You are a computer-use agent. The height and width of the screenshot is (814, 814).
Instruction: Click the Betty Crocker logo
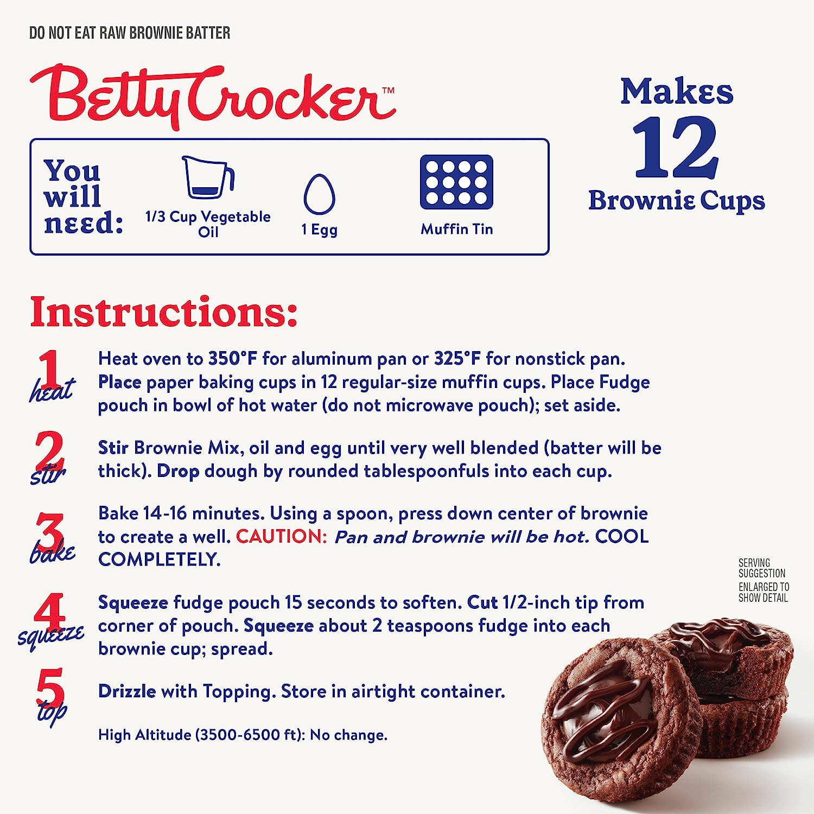(213, 97)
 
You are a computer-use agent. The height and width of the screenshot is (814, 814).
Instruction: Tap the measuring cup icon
(208, 177)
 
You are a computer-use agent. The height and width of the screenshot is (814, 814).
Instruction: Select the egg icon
(319, 194)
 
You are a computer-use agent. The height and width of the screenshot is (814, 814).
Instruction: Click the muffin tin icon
(456, 182)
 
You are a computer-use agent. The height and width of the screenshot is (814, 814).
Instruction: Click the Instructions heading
(164, 312)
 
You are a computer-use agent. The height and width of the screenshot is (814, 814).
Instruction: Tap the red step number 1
(50, 368)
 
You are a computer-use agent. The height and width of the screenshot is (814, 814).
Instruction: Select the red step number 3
(49, 532)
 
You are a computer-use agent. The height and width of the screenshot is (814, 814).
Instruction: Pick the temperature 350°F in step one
(232, 358)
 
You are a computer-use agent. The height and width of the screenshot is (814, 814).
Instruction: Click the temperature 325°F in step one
(457, 358)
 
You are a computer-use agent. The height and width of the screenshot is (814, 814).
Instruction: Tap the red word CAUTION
(282, 536)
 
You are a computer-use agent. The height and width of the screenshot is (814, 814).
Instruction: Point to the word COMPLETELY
(159, 559)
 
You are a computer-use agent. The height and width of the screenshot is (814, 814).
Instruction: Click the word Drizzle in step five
(127, 691)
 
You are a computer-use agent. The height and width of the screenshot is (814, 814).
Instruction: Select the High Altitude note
(243, 735)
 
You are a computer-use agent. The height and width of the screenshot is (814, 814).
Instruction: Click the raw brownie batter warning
(130, 33)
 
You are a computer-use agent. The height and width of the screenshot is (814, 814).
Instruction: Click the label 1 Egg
(319, 230)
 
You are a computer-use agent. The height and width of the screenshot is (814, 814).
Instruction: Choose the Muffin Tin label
(456, 229)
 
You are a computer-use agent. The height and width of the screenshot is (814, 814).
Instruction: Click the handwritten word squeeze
(50, 636)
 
